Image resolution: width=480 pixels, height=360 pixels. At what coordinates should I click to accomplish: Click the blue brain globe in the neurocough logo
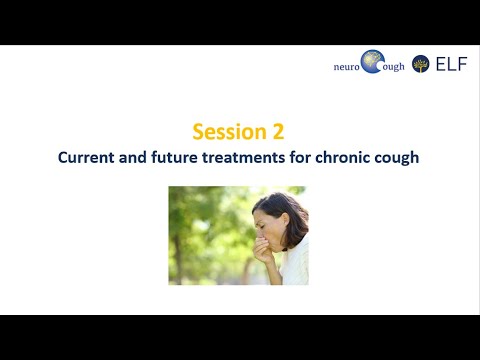coord(373,62)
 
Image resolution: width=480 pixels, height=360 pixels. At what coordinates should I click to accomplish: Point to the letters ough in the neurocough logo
coord(393,67)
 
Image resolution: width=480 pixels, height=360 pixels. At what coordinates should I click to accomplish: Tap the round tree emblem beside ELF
coord(420,64)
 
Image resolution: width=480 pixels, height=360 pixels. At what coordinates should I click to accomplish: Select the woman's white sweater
coord(295,265)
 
